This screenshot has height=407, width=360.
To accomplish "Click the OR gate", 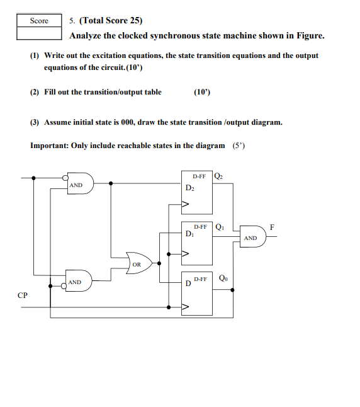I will [138, 263].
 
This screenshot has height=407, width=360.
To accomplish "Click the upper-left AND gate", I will [79, 184].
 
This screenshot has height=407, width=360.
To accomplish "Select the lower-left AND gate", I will [79, 281].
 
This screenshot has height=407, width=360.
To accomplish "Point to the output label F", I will [272, 226].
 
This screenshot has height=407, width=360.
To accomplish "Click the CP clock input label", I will [23, 295].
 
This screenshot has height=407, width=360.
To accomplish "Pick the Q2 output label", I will [218, 176].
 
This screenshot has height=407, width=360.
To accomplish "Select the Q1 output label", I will [218, 226].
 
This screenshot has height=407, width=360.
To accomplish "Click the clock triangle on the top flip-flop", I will [186, 204].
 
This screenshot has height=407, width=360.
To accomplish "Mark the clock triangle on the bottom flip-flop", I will [186, 308].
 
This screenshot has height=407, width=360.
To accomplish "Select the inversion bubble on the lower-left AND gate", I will [64, 287].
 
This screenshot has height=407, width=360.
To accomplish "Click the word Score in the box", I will [39, 21].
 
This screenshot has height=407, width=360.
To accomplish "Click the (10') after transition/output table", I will [202, 92].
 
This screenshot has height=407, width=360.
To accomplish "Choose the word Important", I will [49, 146].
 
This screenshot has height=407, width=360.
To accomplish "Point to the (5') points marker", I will [239, 146].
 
